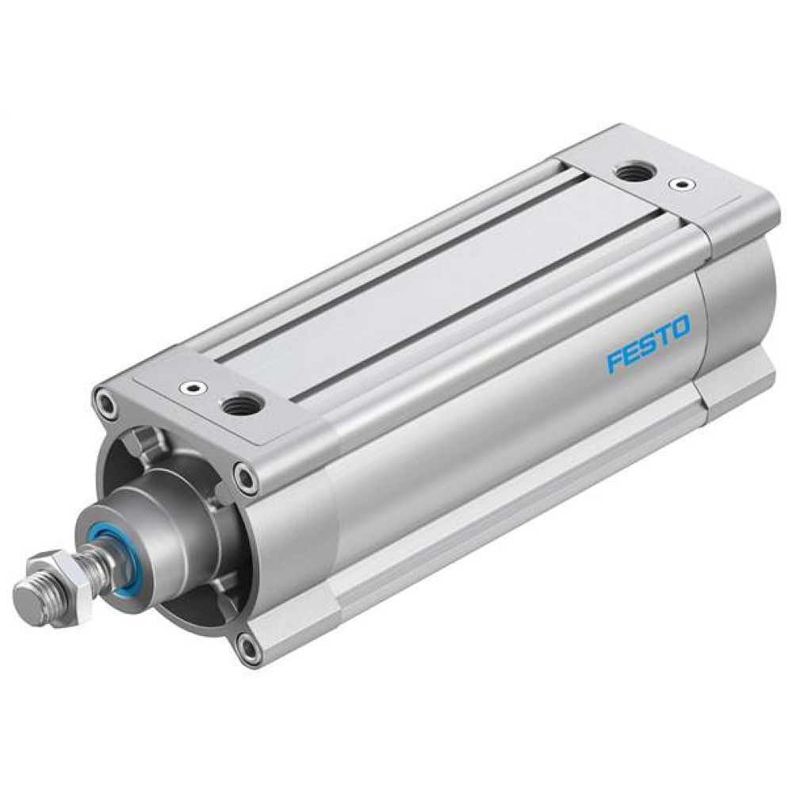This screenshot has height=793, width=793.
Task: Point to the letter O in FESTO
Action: (x=680, y=326)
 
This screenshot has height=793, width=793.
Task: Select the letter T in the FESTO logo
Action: (x=664, y=335)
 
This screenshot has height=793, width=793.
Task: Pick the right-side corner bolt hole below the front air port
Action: (x=247, y=477)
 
